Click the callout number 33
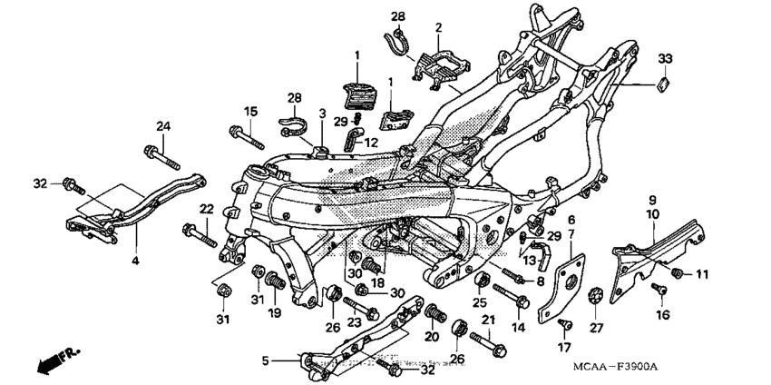tap(665, 58)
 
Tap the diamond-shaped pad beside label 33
tap(661, 85)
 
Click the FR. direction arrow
tap(54, 361)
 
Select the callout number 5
tap(265, 360)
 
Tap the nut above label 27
tap(596, 295)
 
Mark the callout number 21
tap(488, 320)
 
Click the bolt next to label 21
tap(491, 347)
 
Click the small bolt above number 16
tap(662, 288)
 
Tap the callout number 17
tap(564, 347)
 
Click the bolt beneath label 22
tap(200, 234)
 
